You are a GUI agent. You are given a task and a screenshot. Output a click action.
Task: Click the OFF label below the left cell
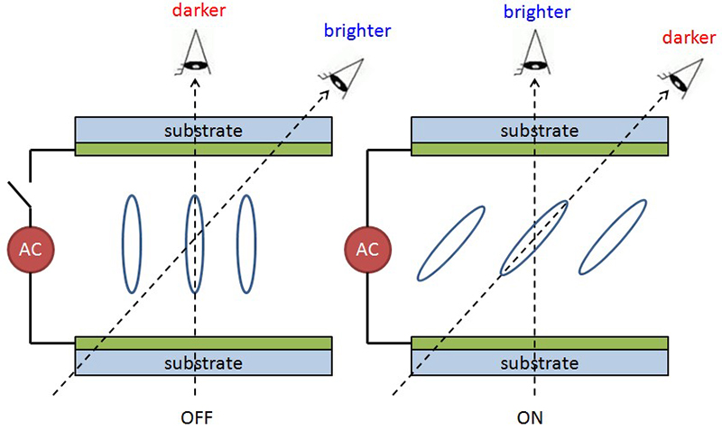click(x=196, y=418)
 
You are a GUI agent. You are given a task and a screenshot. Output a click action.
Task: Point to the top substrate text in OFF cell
click(x=203, y=130)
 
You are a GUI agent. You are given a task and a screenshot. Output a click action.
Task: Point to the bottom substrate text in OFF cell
click(x=203, y=363)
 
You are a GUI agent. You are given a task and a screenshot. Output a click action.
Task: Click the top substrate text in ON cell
click(x=540, y=130)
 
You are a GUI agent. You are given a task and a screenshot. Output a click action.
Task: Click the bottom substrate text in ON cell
click(x=540, y=363)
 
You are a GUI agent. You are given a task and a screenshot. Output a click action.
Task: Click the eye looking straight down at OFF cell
click(x=195, y=53)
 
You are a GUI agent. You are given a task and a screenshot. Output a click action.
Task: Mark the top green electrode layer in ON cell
click(x=540, y=149)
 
